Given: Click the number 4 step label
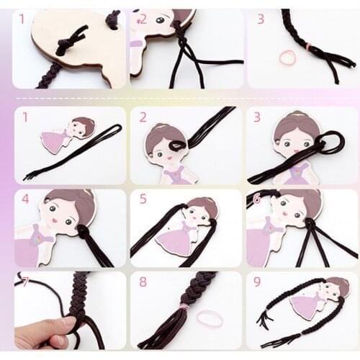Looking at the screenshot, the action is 25,199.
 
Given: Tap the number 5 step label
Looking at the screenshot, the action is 143,199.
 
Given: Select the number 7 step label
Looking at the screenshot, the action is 24,282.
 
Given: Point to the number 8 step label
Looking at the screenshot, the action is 143,282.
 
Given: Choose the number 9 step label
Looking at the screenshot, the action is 257,282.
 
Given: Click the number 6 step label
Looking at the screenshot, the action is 256,199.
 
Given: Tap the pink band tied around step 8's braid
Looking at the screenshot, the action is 184,307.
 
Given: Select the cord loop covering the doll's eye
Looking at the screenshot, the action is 178,145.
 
